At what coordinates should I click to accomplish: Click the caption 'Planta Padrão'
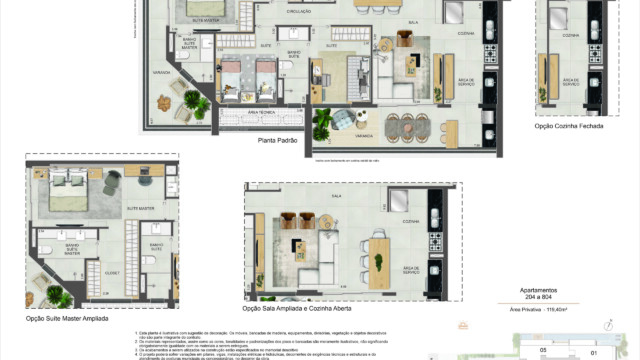click(278, 141)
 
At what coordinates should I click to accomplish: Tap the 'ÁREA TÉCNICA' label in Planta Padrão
click(234, 112)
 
